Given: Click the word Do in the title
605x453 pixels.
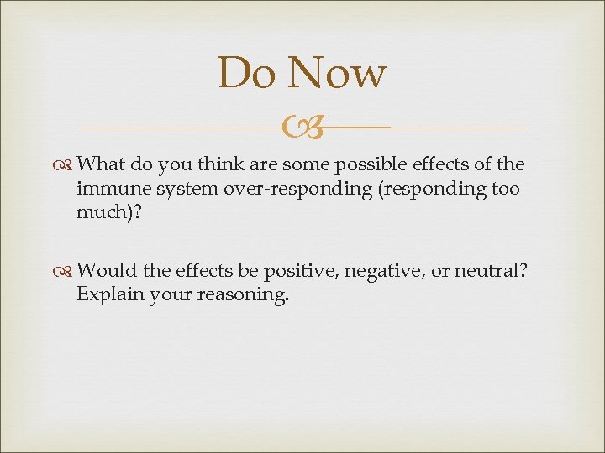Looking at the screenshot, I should (245, 73).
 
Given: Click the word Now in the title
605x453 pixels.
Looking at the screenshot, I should (336, 73).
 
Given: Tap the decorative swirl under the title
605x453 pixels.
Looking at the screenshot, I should (302, 128).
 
